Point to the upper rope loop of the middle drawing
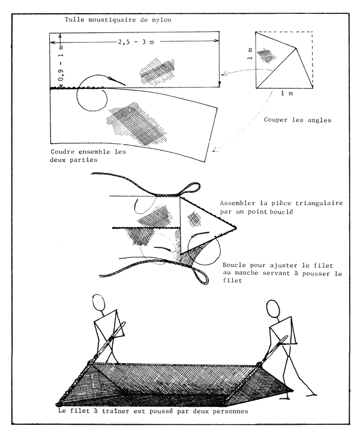188,190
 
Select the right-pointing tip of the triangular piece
236,228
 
